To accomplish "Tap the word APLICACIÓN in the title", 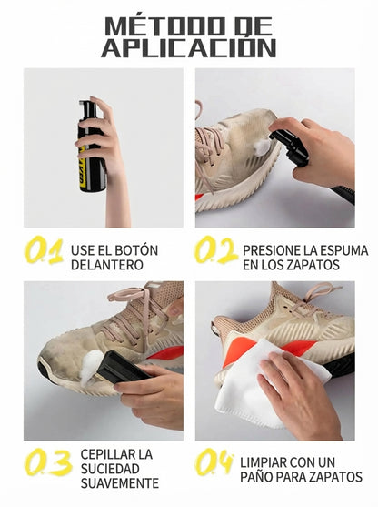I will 188,48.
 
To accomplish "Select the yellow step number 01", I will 44,250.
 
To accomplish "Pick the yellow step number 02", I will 215,250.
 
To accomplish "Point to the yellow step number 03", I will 47,463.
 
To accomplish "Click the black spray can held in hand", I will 90,150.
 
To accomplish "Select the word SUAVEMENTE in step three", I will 119,483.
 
